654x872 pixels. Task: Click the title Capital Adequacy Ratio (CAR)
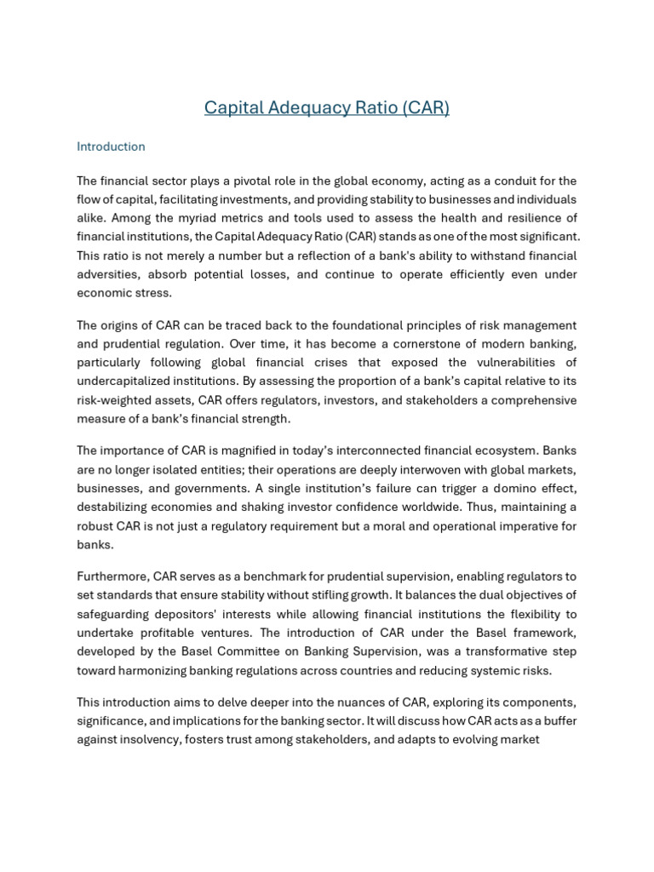pyautogui.click(x=327, y=108)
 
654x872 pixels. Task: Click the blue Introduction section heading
pyautogui.click(x=111, y=146)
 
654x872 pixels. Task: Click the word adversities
pyautogui.click(x=110, y=274)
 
